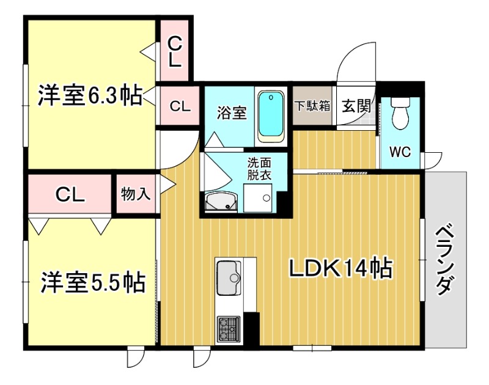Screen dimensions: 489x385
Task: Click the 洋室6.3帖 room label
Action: tap(90, 95)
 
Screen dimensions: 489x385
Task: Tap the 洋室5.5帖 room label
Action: tap(93, 282)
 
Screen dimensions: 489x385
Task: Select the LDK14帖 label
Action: tap(340, 268)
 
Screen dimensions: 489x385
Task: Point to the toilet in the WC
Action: tap(400, 113)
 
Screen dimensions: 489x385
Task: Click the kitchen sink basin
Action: tap(228, 278)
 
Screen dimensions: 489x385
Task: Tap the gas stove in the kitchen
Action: tap(229, 331)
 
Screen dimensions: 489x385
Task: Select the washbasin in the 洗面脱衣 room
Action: tap(221, 201)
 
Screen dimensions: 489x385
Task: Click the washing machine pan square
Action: tap(257, 197)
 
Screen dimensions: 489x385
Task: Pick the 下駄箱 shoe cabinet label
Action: tap(312, 106)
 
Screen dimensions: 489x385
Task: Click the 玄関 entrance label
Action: tap(356, 106)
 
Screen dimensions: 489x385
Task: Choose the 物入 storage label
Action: tap(136, 194)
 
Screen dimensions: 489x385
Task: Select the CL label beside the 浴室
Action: tap(180, 106)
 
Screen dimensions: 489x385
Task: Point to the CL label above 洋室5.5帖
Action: tap(70, 195)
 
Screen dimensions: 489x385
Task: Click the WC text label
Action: tap(400, 152)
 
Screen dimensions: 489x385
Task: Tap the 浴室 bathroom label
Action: tap(232, 112)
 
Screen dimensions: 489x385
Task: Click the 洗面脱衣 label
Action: tap(259, 169)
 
